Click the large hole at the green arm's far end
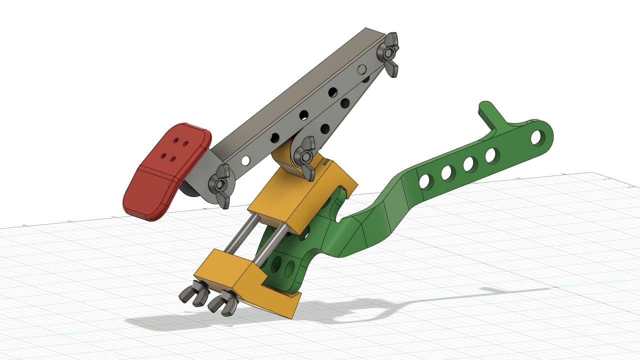point(537,136)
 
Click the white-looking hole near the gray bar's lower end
point(245,160)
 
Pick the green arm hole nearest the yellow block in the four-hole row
point(426,181)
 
